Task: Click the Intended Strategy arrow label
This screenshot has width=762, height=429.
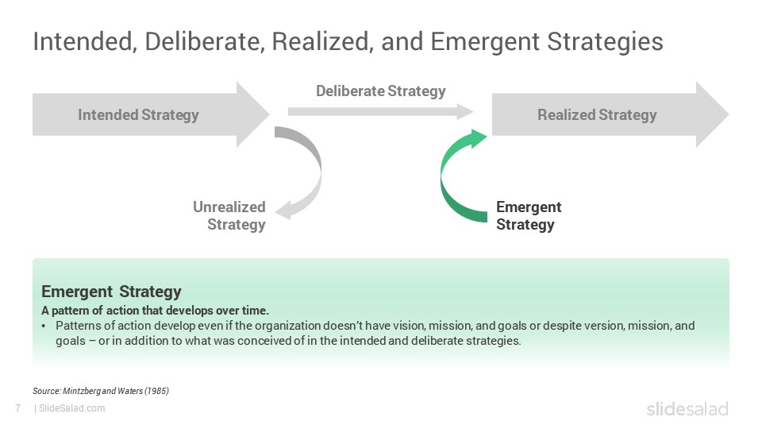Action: tap(138, 114)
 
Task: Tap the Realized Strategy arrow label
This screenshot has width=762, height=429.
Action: tap(597, 114)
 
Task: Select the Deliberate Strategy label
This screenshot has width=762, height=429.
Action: tap(380, 91)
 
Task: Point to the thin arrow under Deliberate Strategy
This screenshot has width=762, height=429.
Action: tap(380, 111)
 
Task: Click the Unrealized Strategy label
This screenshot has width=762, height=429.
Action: tap(229, 215)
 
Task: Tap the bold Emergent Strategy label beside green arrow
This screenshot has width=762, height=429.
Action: tap(529, 215)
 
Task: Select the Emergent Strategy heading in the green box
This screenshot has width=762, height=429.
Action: tap(111, 292)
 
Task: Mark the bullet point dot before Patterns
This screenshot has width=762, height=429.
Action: tap(44, 327)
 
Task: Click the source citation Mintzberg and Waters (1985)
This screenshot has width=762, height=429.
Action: tap(101, 391)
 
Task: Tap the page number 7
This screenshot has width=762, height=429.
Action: tap(18, 408)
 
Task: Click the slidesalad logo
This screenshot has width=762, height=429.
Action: tap(687, 408)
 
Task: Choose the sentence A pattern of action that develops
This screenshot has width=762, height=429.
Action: tap(155, 311)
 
